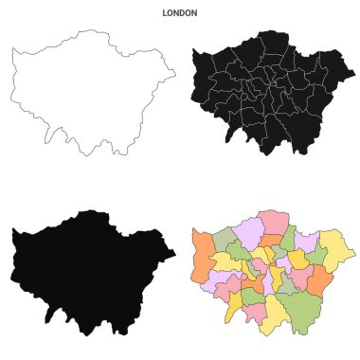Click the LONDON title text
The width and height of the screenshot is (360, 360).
pyautogui.click(x=180, y=14)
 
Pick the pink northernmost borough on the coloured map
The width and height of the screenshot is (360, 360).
pyautogui.click(x=273, y=222)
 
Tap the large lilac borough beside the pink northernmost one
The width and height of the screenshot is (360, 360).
pyautogui.click(x=249, y=231)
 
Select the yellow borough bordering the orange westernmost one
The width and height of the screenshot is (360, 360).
pyautogui.click(x=225, y=261)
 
